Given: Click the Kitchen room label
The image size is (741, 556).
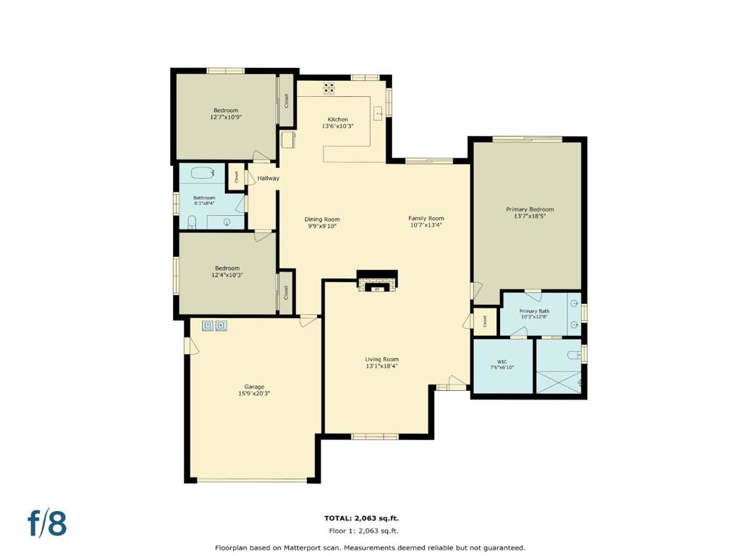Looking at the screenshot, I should [337, 119].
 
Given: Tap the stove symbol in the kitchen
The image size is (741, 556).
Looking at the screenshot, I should [329, 88].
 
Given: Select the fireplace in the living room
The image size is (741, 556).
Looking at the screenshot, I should [377, 281].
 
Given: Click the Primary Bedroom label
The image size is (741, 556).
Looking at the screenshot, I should [530, 209].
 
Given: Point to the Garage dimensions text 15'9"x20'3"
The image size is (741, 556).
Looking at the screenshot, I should [254, 394].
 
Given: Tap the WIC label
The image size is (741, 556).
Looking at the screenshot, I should [502, 361].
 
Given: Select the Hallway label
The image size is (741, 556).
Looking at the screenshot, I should [268, 178].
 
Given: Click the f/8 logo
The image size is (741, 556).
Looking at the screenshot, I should [47, 523].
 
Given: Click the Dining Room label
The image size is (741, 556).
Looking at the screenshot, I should [321, 219].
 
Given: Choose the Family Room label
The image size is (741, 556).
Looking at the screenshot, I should [426, 218].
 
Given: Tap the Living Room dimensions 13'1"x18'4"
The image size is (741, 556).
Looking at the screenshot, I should [381, 366].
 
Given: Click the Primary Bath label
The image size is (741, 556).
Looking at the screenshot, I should [534, 311].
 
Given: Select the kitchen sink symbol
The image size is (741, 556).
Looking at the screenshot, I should [378, 114].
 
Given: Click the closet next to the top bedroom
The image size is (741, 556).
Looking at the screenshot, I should [286, 101].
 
